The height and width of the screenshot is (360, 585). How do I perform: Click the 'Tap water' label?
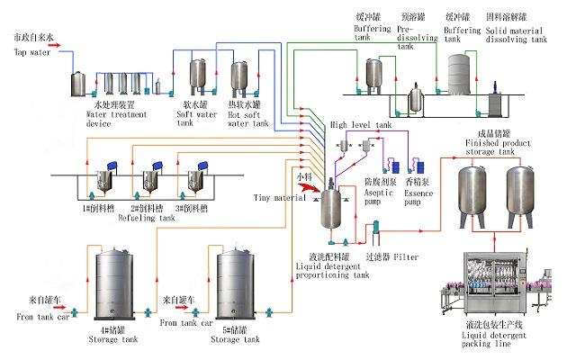(31, 50)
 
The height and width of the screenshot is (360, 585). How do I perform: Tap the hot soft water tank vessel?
(240, 81)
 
